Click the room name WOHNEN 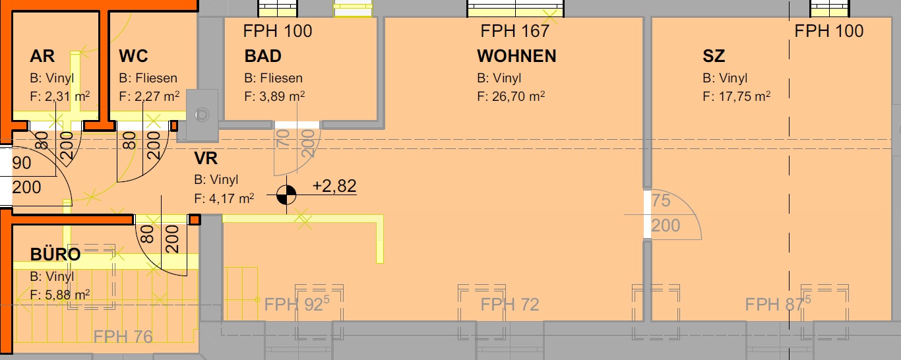pyautogui.click(x=516, y=56)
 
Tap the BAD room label pyautogui.click(x=263, y=56)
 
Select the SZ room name pyautogui.click(x=714, y=56)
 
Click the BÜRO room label pyautogui.click(x=55, y=254)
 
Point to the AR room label pyautogui.click(x=42, y=56)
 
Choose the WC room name pyautogui.click(x=133, y=56)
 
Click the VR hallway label pyautogui.click(x=206, y=158)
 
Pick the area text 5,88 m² pyautogui.click(x=67, y=295)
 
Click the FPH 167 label pyautogui.click(x=515, y=31)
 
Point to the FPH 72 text pyautogui.click(x=510, y=305)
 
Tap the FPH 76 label pyautogui.click(x=123, y=337)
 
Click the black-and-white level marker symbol pyautogui.click(x=286, y=195)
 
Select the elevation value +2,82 pyautogui.click(x=334, y=186)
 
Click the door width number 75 pyautogui.click(x=661, y=200)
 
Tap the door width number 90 pyautogui.click(x=22, y=163)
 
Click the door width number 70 pyautogui.click(x=284, y=138)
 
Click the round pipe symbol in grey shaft pyautogui.click(x=202, y=115)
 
